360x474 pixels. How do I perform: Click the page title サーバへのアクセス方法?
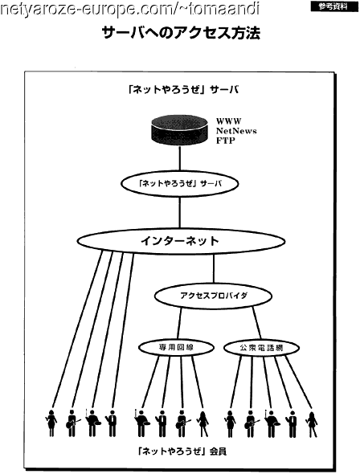click(181, 33)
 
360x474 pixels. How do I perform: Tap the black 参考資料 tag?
click(334, 6)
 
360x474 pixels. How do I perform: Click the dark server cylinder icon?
click(179, 130)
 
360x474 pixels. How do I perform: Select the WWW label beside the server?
click(229, 121)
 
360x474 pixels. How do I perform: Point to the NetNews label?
click(236, 131)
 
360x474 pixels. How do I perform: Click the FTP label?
click(226, 141)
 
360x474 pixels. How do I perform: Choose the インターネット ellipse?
click(181, 241)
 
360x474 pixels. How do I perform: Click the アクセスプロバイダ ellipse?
click(214, 296)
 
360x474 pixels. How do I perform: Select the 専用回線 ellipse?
click(177, 347)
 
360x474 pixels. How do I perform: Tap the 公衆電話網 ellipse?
click(261, 348)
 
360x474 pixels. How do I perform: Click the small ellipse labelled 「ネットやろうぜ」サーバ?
click(180, 184)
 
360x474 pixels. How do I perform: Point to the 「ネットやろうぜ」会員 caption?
click(181, 452)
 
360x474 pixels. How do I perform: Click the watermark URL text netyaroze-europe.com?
click(129, 10)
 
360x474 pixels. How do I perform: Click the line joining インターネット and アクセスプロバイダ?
click(214, 268)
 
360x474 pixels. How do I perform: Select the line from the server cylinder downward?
click(180, 159)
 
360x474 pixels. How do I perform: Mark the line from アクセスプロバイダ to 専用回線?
click(180, 324)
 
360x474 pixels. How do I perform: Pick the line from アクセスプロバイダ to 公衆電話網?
click(257, 323)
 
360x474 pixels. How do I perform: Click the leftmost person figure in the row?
click(51, 423)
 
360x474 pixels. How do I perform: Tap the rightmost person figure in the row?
click(311, 424)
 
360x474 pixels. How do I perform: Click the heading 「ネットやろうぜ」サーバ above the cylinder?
click(183, 90)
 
